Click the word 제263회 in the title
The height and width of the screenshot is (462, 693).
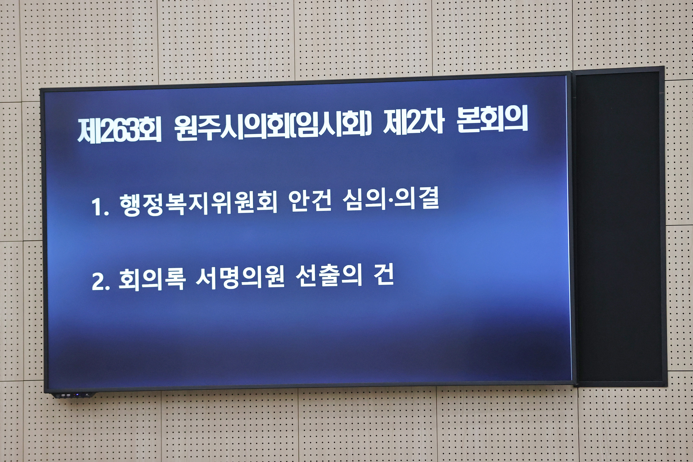(x=119, y=130)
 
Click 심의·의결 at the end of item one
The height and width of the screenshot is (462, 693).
(x=391, y=199)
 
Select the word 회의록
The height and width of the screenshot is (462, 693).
(x=152, y=279)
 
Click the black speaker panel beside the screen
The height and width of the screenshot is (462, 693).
(x=619, y=227)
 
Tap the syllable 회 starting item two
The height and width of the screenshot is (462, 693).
(x=129, y=280)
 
